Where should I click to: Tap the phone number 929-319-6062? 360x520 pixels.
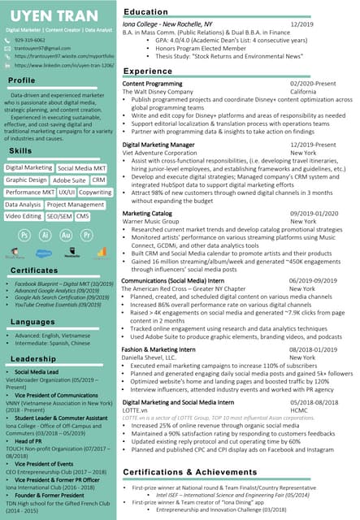[31, 39]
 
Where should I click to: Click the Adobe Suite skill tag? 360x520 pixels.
[70, 180]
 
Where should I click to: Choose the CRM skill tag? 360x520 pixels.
[99, 180]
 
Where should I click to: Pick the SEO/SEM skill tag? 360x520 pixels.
[59, 217]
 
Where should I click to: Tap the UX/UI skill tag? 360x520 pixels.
[67, 193]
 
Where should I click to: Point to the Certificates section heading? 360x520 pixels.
[34, 270]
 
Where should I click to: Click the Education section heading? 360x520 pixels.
[145, 12]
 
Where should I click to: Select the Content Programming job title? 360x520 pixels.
[152, 84]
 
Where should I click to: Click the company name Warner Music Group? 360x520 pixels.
[152, 221]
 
